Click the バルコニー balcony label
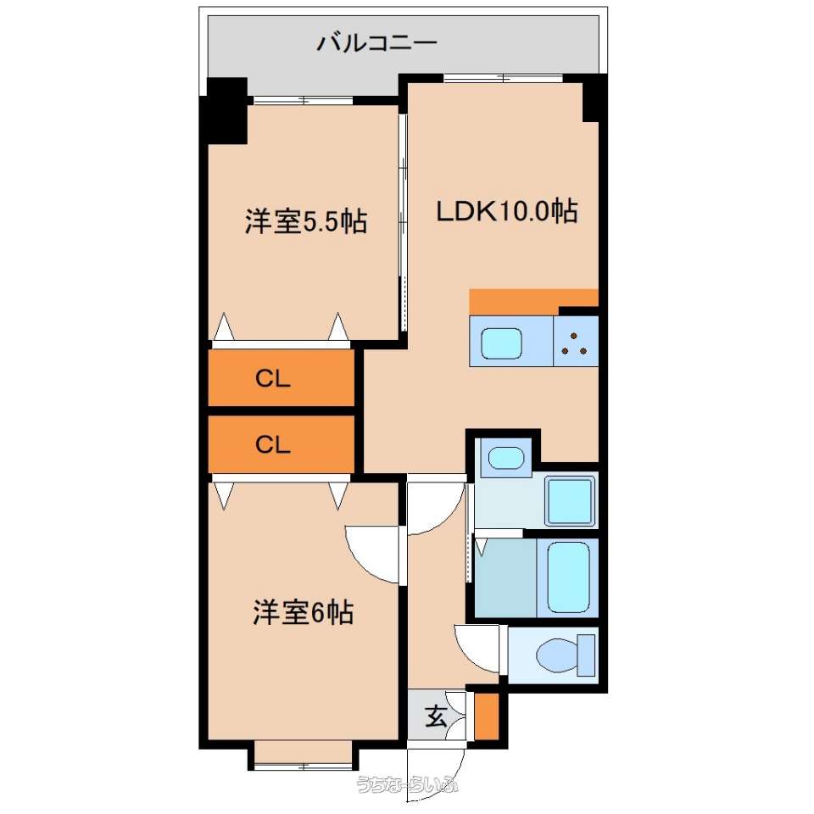click(x=376, y=42)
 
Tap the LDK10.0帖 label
click(x=507, y=211)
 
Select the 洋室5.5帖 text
click(x=306, y=221)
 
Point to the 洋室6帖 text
click(x=304, y=612)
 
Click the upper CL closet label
click(x=272, y=379)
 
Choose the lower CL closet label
click(x=272, y=444)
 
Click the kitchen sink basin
click(x=501, y=343)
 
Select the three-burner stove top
click(x=576, y=342)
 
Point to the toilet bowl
click(x=558, y=655)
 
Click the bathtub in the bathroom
click(x=568, y=577)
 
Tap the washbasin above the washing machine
click(x=506, y=458)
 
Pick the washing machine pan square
click(x=570, y=501)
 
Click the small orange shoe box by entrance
click(x=487, y=716)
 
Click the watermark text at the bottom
click(x=407, y=784)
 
